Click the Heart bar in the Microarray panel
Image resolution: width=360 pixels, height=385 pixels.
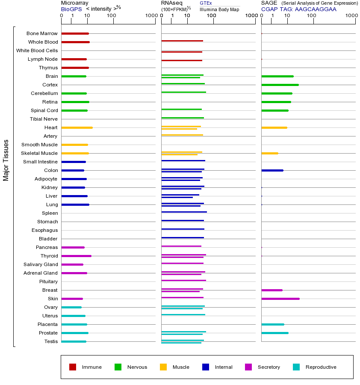pyautogui.click(x=77, y=127)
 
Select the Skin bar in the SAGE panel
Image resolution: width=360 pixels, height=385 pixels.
pyautogui.click(x=280, y=299)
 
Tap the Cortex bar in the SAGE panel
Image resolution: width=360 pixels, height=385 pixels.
pyautogui.click(x=280, y=85)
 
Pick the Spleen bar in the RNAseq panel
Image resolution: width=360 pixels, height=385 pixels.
pyautogui.click(x=184, y=212)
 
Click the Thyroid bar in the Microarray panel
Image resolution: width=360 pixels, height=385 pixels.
pyautogui.click(x=76, y=256)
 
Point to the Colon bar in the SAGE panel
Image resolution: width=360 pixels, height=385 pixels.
pyautogui.click(x=272, y=170)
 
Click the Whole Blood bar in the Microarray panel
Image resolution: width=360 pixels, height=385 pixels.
pyautogui.click(x=75, y=42)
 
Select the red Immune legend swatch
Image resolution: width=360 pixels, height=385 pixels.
pyautogui.click(x=73, y=367)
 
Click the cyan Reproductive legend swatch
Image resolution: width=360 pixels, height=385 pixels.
pyautogui.click(x=296, y=367)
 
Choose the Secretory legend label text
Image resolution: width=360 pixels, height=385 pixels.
pyautogui.click(x=269, y=367)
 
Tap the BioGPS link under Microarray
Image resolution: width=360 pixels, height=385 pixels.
pyautogui.click(x=71, y=9)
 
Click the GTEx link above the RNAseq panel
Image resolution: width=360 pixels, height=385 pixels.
pyautogui.click(x=206, y=3)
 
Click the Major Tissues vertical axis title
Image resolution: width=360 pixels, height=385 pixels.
pyautogui.click(x=6, y=160)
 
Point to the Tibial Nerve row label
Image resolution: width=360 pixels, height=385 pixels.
pyautogui.click(x=44, y=119)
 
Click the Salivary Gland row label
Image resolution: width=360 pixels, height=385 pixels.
pyautogui.click(x=41, y=264)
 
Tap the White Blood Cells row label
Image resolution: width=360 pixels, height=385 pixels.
pyautogui.click(x=37, y=50)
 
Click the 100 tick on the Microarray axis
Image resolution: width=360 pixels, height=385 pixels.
pyautogui.click(x=111, y=16)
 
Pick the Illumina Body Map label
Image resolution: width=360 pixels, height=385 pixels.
pyautogui.click(x=219, y=9)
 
